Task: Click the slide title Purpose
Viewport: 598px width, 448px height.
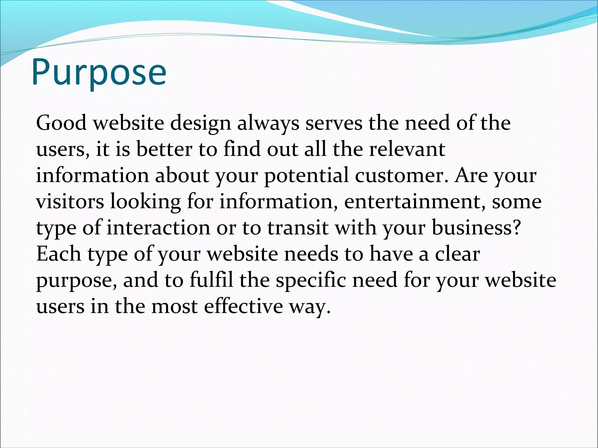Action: (99, 72)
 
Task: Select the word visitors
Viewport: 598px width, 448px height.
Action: (70, 202)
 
